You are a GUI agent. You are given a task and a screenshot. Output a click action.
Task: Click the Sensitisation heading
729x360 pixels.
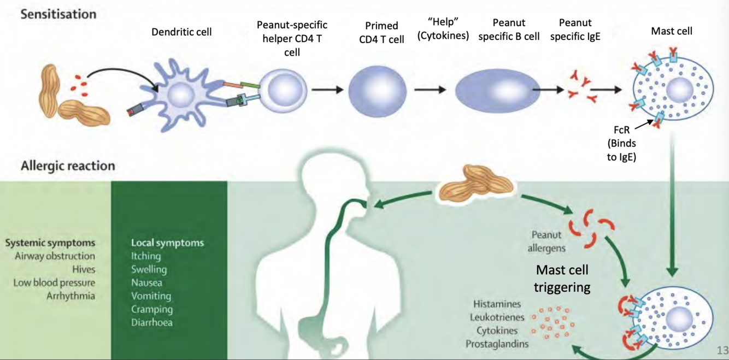point(58,14)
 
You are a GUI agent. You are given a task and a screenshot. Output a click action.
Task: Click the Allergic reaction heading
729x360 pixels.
point(68,166)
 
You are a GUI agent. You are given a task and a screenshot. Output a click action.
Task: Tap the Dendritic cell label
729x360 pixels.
point(181,32)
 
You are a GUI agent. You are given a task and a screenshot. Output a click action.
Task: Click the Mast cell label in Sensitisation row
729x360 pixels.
point(671,31)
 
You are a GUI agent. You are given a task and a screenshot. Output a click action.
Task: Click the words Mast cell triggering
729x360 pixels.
point(562,278)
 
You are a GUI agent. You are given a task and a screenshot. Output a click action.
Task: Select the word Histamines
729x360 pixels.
point(497,304)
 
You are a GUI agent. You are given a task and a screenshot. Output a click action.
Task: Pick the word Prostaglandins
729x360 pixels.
point(497,344)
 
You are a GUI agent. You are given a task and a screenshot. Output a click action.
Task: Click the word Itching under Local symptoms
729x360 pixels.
point(146,256)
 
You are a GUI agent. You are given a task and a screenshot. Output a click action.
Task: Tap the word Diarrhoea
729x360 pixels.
point(152,322)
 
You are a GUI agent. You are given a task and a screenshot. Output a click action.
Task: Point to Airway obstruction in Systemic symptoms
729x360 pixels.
point(55,256)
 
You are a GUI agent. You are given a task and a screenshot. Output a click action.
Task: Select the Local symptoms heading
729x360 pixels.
point(167,243)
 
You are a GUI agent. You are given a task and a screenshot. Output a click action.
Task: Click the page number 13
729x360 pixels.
point(722,350)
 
